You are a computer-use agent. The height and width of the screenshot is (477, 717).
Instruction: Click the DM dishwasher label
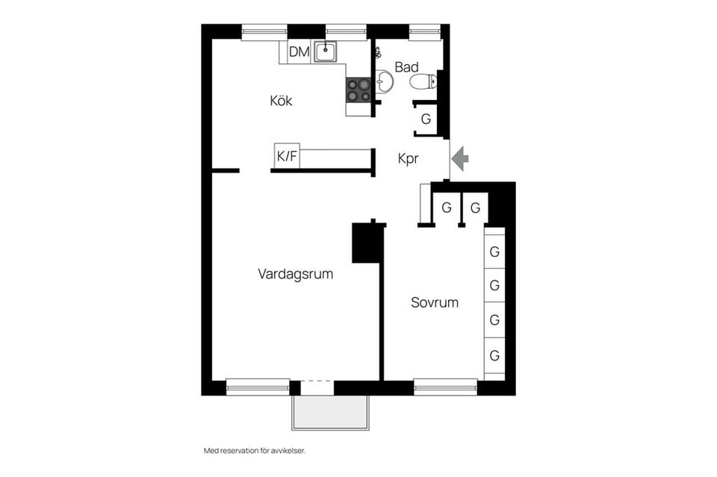click(x=299, y=52)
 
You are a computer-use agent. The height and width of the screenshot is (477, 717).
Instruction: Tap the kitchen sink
click(x=325, y=51)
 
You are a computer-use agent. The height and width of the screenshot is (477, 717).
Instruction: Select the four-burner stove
click(x=358, y=90)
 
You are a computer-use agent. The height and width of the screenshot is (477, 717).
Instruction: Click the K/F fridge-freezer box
click(x=287, y=156)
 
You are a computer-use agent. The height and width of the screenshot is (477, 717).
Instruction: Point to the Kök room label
click(x=281, y=101)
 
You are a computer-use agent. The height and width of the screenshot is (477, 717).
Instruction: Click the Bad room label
click(x=406, y=67)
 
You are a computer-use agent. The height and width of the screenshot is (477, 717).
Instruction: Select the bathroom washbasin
click(x=384, y=81)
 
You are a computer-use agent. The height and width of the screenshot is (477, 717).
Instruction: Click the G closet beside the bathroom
click(x=426, y=119)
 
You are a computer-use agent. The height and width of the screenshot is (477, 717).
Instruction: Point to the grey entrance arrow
click(x=460, y=158)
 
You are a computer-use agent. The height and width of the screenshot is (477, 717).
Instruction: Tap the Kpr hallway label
click(x=408, y=158)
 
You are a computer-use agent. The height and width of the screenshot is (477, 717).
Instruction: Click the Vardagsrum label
click(x=295, y=274)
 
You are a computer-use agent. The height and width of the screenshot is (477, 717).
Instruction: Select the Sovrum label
click(x=434, y=303)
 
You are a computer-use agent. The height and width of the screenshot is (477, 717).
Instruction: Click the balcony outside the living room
click(x=330, y=413)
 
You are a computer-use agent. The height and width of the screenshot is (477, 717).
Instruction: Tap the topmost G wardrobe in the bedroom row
click(x=494, y=252)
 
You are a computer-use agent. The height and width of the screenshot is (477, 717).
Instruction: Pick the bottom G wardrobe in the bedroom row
click(x=494, y=356)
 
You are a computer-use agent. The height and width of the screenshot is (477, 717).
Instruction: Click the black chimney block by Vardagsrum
click(x=367, y=242)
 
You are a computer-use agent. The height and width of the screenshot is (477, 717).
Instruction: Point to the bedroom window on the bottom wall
click(x=445, y=387)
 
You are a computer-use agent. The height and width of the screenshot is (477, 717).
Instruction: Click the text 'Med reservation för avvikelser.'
click(x=255, y=451)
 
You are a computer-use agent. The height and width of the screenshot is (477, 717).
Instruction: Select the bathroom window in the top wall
click(x=425, y=31)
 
